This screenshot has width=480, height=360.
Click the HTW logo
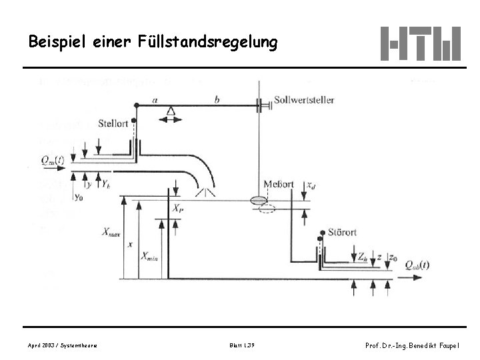(420, 43)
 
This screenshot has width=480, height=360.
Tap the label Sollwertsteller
(305, 100)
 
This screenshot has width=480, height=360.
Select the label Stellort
(113, 123)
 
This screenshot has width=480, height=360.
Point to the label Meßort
(278, 185)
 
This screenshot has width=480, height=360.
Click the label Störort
(342, 233)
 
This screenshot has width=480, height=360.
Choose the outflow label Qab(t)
(417, 264)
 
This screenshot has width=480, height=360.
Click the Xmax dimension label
(111, 232)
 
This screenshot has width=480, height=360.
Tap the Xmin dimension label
(150, 255)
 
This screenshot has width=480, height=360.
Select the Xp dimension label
(178, 209)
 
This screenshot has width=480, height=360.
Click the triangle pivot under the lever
(173, 111)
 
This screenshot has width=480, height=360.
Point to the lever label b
(217, 100)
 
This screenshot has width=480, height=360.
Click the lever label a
(155, 100)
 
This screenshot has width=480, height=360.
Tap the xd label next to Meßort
(311, 185)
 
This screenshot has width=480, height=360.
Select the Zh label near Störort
(361, 256)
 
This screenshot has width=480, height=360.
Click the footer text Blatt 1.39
(240, 345)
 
